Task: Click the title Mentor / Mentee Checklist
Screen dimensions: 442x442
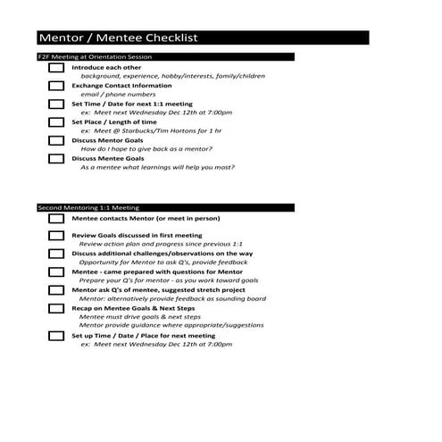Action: [117, 38]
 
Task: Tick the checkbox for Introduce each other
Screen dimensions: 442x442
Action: [55, 68]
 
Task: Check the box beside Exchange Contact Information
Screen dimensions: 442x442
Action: [55, 87]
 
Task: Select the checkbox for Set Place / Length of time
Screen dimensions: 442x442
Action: [55, 123]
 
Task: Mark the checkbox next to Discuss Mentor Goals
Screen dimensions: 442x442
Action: [55, 141]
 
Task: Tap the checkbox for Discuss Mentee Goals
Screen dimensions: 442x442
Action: [55, 159]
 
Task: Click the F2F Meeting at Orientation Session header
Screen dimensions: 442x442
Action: [95, 57]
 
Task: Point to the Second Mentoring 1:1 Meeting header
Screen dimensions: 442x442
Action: [88, 207]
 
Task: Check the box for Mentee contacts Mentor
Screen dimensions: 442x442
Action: [55, 219]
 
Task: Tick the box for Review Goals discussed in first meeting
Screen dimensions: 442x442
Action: [55, 236]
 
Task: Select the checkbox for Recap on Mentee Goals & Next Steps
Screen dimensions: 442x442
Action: [55, 308]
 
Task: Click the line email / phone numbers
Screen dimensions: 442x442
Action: [118, 95]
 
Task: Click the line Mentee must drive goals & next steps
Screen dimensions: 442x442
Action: [139, 317]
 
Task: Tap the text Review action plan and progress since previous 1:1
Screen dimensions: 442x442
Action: [161, 244]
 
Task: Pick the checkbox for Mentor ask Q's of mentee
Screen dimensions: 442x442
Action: [55, 290]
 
